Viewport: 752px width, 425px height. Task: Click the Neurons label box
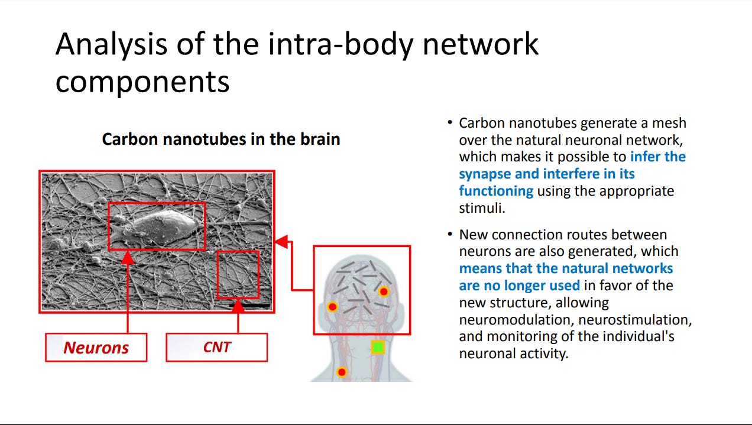pyautogui.click(x=96, y=348)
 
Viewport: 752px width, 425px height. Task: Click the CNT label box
pyautogui.click(x=216, y=347)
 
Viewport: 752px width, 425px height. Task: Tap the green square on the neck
pyautogui.click(x=378, y=347)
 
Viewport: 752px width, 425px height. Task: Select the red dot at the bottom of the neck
pyautogui.click(x=341, y=372)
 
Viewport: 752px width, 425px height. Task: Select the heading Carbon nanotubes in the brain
pyautogui.click(x=221, y=139)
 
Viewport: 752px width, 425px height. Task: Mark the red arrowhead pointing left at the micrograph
pyautogui.click(x=281, y=241)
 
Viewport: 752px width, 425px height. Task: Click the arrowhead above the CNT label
pyautogui.click(x=238, y=306)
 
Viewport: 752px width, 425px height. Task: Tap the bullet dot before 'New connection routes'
pyautogui.click(x=449, y=235)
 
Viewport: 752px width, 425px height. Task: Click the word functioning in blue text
pyautogui.click(x=496, y=191)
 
